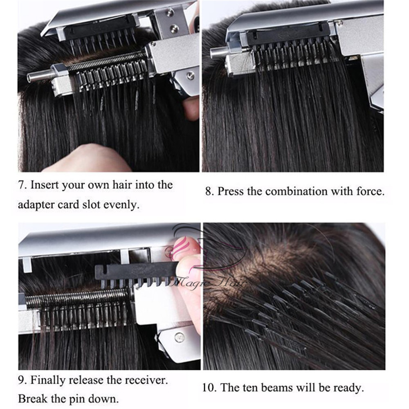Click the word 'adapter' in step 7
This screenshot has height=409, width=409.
click(36, 204)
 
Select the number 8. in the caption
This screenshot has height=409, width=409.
click(209, 191)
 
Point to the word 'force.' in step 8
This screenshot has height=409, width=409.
click(371, 191)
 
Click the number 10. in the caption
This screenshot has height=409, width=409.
click(210, 387)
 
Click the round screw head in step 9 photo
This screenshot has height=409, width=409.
click(179, 337)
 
